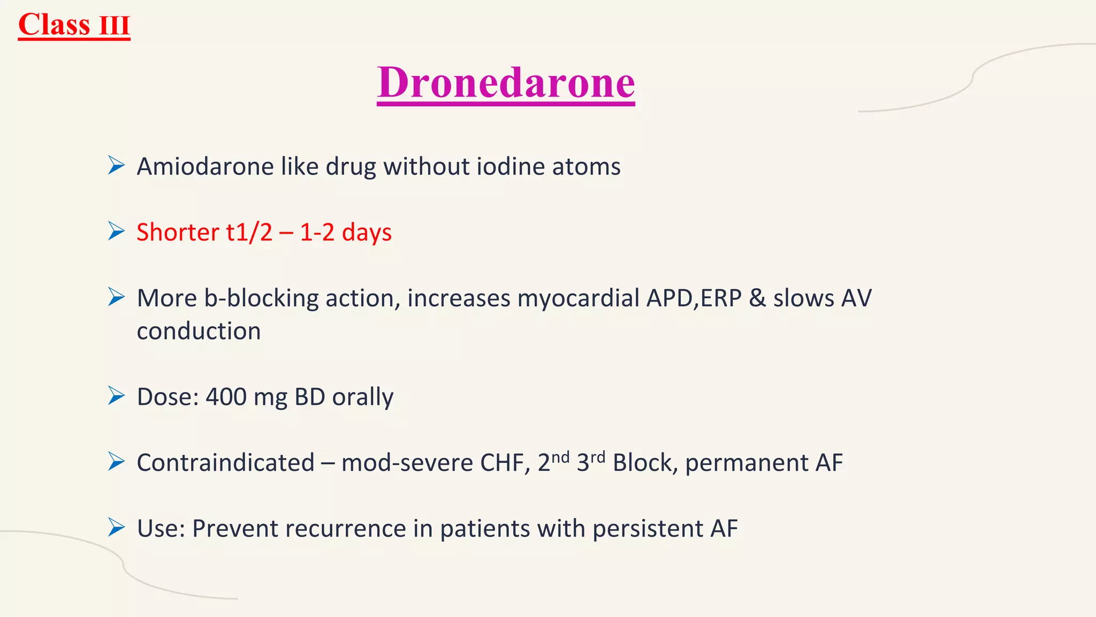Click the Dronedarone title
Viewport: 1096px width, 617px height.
[x=506, y=82]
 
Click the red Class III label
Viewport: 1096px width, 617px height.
[x=74, y=25]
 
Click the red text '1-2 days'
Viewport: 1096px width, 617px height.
[x=345, y=232]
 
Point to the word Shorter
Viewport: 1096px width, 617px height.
[x=178, y=232]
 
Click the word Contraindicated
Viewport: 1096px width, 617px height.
[x=225, y=463]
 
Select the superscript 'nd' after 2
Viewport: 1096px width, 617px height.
[x=560, y=457]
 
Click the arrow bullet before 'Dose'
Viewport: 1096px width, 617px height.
[x=116, y=396]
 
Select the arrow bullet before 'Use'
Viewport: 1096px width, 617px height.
[x=116, y=527]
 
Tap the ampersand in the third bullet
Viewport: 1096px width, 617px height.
[x=757, y=298]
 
